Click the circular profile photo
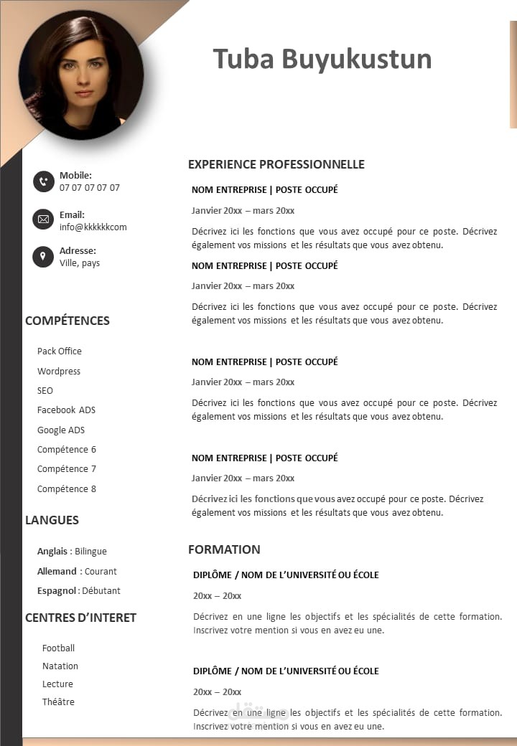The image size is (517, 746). pos(81,75)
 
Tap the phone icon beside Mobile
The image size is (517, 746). pos(43,181)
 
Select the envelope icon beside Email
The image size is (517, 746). pos(43,219)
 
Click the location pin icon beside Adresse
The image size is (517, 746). pos(43,256)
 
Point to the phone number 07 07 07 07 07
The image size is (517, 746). pos(90,188)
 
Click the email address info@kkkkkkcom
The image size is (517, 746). pos(93,227)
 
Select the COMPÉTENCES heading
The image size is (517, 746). pos(67,321)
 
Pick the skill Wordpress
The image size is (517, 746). pos(59,371)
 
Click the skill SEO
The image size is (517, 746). pos(45,391)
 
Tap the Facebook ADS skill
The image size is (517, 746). pos(66,410)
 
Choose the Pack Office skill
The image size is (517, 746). pos(60,351)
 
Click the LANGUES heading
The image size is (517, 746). pos(52,520)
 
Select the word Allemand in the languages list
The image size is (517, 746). pos(57,572)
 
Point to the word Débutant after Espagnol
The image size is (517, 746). pos(101,591)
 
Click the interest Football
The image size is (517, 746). pos(58,648)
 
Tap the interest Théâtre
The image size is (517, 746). pos(58,702)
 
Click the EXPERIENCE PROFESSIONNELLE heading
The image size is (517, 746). pos(276,164)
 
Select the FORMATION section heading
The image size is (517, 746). pos(224,549)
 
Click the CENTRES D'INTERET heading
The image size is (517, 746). pos(80,618)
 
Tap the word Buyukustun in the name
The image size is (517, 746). pos(356,59)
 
